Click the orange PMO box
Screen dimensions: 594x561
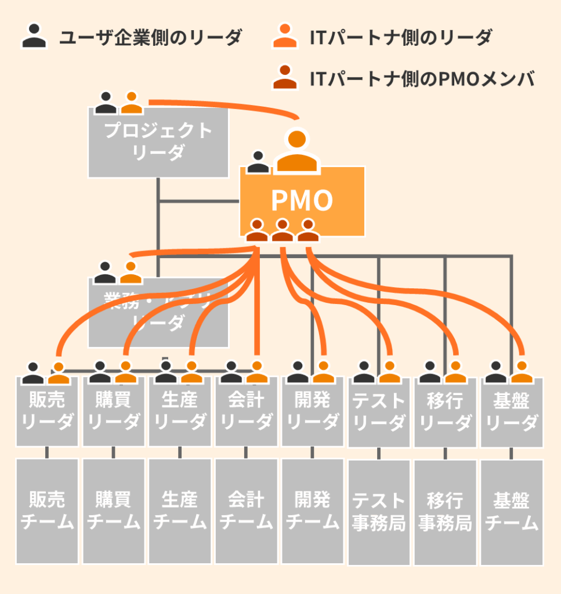302,201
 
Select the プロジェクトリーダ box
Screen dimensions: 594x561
158,142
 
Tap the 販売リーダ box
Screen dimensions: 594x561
47,412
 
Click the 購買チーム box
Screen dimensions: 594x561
113,510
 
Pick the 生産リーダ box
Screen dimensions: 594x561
179,412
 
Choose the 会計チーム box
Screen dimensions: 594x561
246,510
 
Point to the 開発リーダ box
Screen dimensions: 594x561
312,412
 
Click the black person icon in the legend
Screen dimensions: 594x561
34,36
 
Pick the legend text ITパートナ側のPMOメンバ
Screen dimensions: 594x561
422,78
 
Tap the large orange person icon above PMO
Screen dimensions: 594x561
296,151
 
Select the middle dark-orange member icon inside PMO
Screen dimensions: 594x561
283,230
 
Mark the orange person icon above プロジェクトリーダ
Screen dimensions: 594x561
132,103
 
